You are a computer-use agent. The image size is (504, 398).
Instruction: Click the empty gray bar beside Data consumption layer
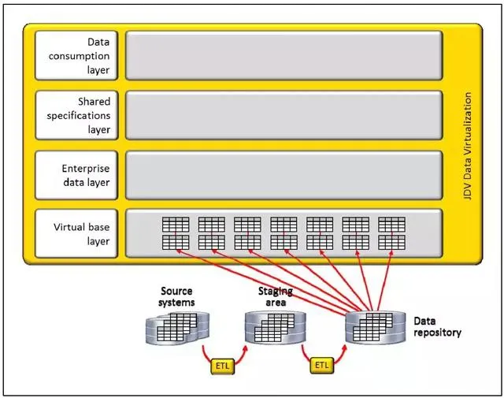click(x=284, y=56)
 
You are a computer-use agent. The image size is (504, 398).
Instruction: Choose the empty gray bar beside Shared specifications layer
click(x=284, y=115)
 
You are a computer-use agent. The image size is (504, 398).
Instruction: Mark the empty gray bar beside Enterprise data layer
click(x=284, y=175)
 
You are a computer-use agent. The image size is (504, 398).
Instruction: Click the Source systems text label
click(x=176, y=297)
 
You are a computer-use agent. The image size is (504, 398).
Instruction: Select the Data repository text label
click(x=437, y=327)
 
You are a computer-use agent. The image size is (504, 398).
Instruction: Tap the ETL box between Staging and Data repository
click(x=321, y=366)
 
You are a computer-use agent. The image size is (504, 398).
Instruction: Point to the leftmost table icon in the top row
click(x=176, y=224)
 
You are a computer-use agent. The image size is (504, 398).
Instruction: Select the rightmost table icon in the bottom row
click(x=391, y=242)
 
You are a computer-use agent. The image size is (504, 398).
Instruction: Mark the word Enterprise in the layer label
click(x=86, y=168)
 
